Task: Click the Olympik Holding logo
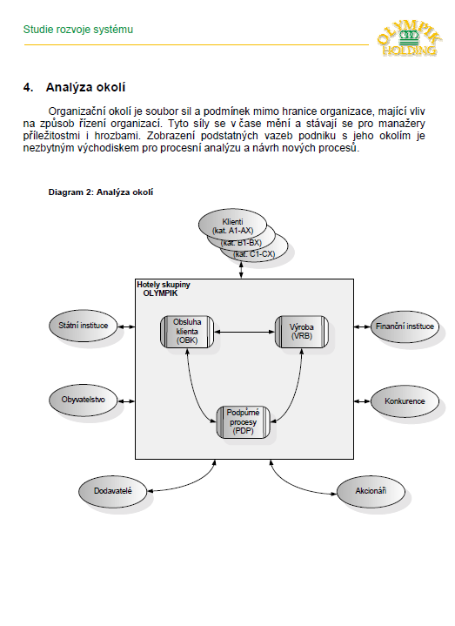(409, 37)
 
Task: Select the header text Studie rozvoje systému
(78, 30)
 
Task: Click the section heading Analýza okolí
(85, 87)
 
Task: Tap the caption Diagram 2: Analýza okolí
(101, 192)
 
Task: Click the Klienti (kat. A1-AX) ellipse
(232, 226)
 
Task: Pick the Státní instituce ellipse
(84, 326)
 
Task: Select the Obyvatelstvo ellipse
(84, 400)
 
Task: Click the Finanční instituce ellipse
(405, 326)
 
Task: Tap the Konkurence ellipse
(405, 401)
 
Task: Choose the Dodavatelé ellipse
(113, 491)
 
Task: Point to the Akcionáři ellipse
(371, 491)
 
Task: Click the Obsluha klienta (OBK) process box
(187, 332)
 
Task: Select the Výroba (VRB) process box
(302, 332)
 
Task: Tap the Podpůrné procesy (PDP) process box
(243, 422)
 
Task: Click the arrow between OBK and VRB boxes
(244, 332)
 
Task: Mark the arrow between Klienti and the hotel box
(241, 270)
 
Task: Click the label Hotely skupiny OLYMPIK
(164, 289)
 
